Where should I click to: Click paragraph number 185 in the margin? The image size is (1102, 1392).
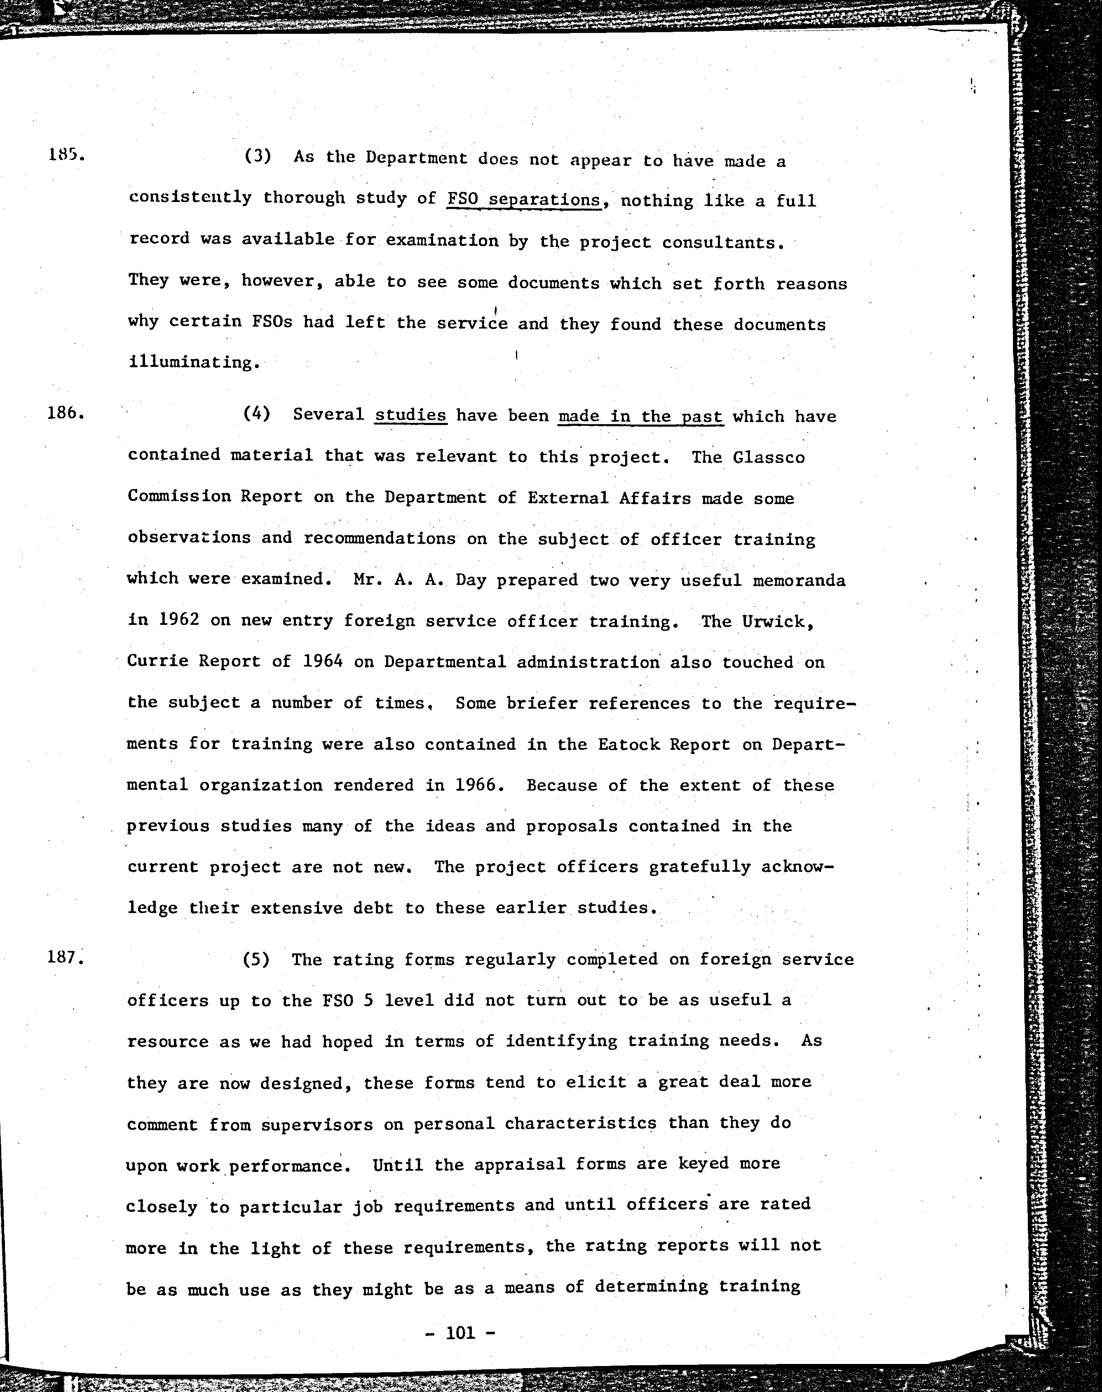coord(66,155)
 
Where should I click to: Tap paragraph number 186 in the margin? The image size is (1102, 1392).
coord(66,412)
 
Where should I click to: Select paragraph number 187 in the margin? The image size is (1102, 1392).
coord(66,956)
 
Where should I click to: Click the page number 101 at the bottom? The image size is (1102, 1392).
coord(460,1332)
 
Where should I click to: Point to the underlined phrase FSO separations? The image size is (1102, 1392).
coord(524,200)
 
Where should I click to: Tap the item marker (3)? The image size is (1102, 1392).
coord(258,157)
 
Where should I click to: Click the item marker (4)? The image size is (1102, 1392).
coord(257,414)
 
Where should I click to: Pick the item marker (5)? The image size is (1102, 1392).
coord(256,959)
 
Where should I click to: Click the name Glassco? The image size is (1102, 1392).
coord(769,458)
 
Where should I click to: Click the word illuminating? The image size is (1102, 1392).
coord(194,362)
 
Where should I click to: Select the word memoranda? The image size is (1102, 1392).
coord(799,580)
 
